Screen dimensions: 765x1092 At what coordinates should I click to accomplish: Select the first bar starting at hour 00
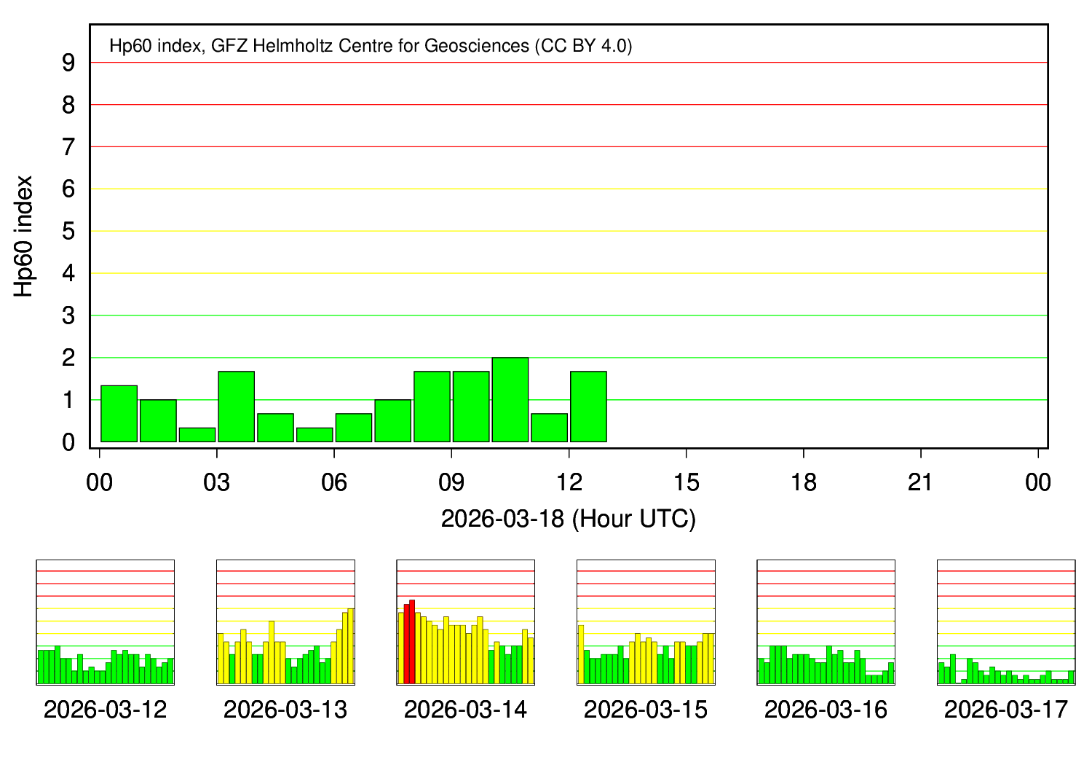[x=119, y=413]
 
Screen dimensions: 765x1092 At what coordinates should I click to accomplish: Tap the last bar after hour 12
[x=588, y=407]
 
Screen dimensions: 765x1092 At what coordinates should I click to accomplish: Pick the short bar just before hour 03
[x=197, y=434]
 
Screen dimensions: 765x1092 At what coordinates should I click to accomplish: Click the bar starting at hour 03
[x=236, y=407]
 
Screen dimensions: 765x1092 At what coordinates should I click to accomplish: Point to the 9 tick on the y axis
[x=68, y=63]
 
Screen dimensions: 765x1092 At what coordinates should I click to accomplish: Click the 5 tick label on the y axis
[x=68, y=232]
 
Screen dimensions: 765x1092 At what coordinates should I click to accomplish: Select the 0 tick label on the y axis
[x=68, y=442]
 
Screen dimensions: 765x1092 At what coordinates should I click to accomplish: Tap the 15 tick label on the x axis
[x=686, y=482]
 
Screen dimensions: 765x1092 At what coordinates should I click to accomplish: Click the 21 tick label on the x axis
[x=921, y=482]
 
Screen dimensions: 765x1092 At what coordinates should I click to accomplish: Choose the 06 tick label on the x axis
[x=334, y=482]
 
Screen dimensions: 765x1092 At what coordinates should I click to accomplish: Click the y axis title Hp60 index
[x=24, y=235]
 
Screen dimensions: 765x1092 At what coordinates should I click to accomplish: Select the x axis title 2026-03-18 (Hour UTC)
[x=569, y=519]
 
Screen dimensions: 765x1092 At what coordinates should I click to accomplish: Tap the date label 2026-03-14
[x=465, y=710]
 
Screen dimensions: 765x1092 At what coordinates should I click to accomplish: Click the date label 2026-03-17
[x=1005, y=710]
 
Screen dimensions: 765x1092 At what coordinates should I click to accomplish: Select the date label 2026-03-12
[x=105, y=710]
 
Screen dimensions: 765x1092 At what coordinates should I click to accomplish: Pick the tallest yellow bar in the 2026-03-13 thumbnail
[x=351, y=646]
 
